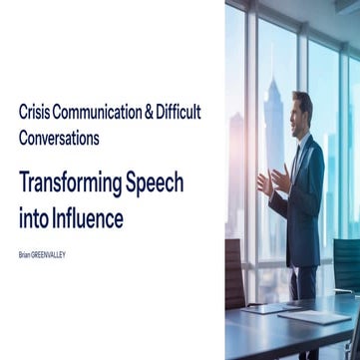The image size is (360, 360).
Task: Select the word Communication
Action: tap(104, 113)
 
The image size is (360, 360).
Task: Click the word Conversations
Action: tap(59, 139)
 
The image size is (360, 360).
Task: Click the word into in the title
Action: tap(36, 216)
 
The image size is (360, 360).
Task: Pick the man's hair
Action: tap(303, 97)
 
